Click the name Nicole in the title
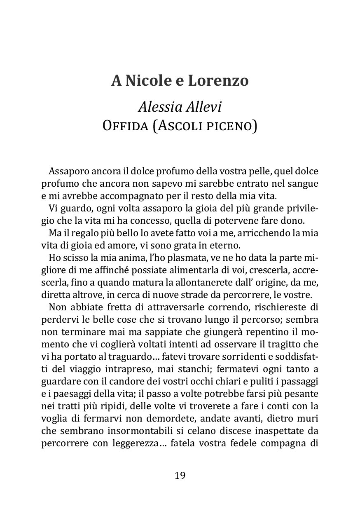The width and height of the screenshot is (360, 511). point(148,81)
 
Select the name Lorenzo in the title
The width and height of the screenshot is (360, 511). point(218,81)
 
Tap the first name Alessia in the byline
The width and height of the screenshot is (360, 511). point(158,107)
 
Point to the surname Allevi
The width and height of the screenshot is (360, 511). point(204,107)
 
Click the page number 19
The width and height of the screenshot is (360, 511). point(180,476)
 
